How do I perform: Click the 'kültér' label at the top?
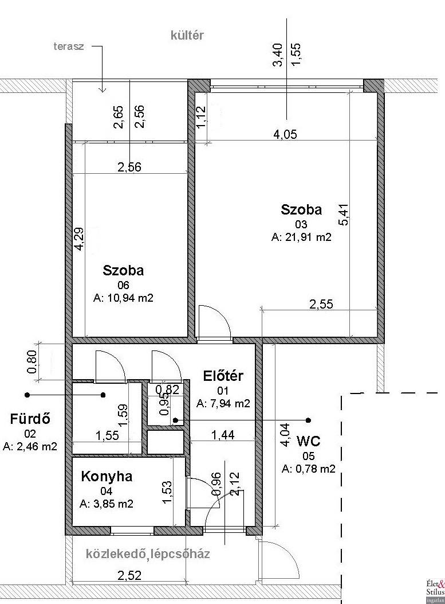pyautogui.click(x=187, y=35)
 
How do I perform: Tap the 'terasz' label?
pyautogui.click(x=69, y=47)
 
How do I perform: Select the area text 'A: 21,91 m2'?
pyautogui.click(x=301, y=237)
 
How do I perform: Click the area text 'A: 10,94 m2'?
pyautogui.click(x=124, y=298)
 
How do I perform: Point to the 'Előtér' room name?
pyautogui.click(x=223, y=376)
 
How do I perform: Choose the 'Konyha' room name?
pyautogui.click(x=107, y=476)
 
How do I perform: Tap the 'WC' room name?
pyautogui.click(x=308, y=441)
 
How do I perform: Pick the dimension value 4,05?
pyautogui.click(x=285, y=134)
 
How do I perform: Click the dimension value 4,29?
pyautogui.click(x=79, y=239)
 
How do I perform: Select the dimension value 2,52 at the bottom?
pyautogui.click(x=129, y=575)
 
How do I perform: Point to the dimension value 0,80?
pyautogui.click(x=32, y=361)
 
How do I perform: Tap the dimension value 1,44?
pyautogui.click(x=223, y=435)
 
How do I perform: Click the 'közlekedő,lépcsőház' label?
pyautogui.click(x=148, y=554)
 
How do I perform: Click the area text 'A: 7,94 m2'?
pyautogui.click(x=223, y=403)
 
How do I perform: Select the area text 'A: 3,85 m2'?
pyautogui.click(x=107, y=504)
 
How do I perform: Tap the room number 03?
pyautogui.click(x=301, y=224)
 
